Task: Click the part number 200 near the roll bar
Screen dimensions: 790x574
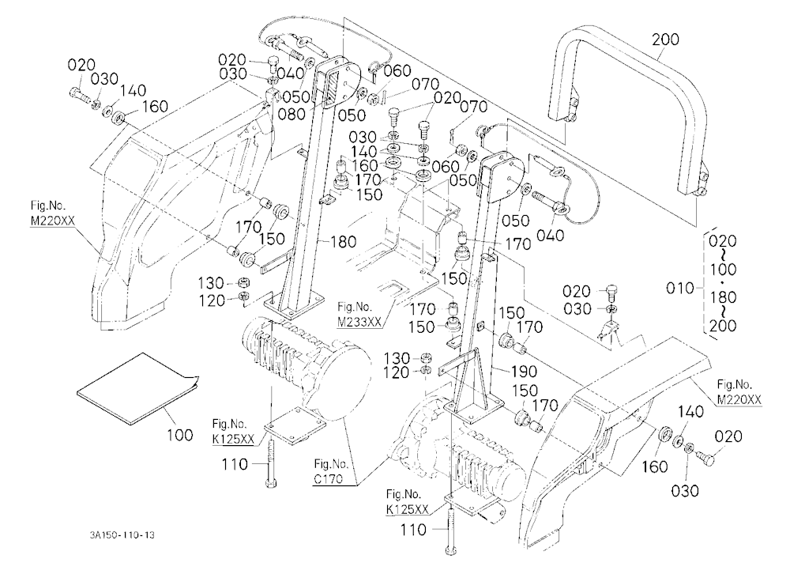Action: tap(665, 39)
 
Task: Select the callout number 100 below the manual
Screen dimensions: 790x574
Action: tap(180, 434)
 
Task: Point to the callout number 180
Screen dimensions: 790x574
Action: tap(343, 242)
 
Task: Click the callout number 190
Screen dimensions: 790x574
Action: tap(524, 372)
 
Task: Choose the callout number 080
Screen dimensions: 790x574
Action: tap(292, 114)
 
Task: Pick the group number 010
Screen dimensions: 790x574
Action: tap(680, 289)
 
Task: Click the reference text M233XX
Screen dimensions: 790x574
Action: tap(359, 323)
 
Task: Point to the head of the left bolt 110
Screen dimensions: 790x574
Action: tap(271, 484)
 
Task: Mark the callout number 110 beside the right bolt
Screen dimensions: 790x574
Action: tap(413, 530)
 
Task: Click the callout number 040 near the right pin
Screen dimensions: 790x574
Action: tap(550, 235)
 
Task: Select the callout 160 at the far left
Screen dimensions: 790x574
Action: tap(155, 107)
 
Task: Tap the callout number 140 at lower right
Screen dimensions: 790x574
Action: tap(690, 412)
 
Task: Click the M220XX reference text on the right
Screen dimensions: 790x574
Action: tap(739, 399)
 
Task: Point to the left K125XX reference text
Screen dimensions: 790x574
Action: tap(233, 440)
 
